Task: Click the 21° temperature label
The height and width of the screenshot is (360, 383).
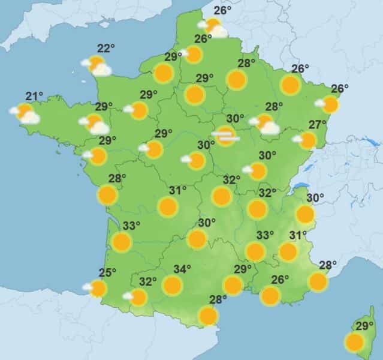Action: pos(34,96)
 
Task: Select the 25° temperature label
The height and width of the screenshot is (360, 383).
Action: pos(107,274)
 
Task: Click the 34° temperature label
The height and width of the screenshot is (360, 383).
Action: pos(182,269)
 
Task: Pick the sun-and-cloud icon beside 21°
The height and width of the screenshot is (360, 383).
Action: pos(25,113)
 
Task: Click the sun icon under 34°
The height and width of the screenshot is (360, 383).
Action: pos(173,285)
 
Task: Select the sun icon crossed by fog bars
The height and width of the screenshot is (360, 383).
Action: pos(226,136)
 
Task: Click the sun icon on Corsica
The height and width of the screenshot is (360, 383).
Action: pos(354,342)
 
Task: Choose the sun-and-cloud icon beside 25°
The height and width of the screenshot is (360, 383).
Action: pos(96,289)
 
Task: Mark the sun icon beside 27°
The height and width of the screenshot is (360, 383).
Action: pos(307,141)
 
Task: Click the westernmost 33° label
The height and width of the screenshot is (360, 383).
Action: pos(131,226)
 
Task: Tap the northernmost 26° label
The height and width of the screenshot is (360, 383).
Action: pos(222,10)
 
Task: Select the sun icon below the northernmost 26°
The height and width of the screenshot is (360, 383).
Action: pos(213,26)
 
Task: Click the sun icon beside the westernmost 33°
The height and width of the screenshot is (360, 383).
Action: pos(122,242)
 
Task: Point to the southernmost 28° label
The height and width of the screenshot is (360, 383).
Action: pos(218,299)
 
